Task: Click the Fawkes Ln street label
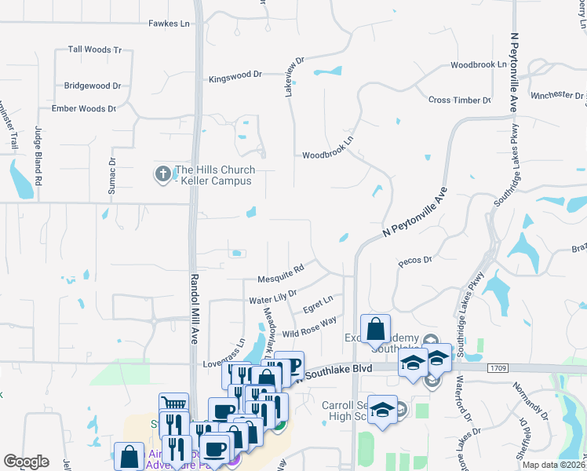pos(170,24)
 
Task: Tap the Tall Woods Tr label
pos(95,49)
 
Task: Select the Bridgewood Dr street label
pos(93,85)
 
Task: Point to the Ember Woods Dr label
pos(83,108)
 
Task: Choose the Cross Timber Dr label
pos(459,100)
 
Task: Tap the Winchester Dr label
pos(557,95)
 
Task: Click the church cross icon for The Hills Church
pos(163,173)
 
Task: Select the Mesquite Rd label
pos(280,275)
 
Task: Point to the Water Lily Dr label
pos(272,296)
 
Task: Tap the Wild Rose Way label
pos(308,327)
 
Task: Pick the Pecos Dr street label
pos(415,260)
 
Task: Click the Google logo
pos(26,461)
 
